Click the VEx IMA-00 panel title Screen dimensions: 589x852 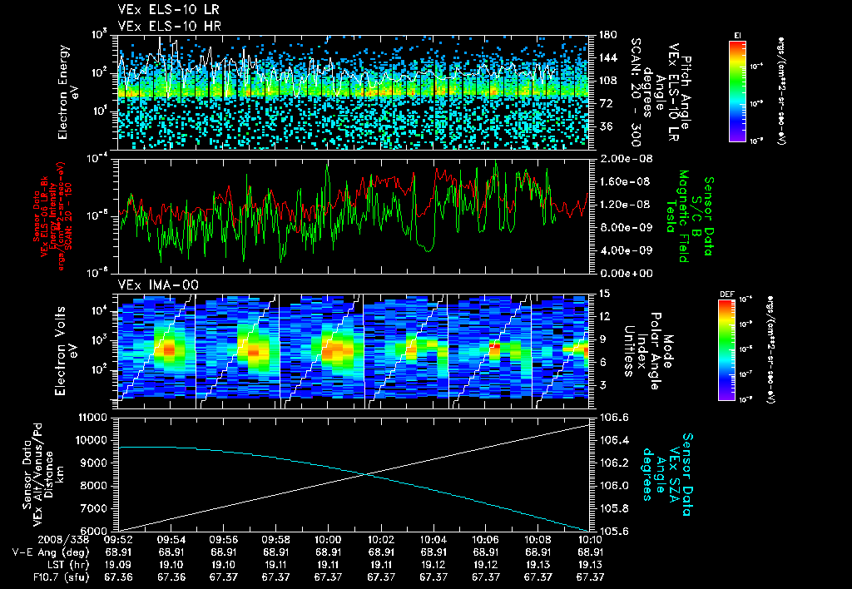(151, 285)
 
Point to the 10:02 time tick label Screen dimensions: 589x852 (381, 539)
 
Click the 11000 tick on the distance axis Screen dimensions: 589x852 (95, 416)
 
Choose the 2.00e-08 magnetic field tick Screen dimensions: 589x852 (620, 158)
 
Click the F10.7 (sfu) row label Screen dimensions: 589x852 (31, 577)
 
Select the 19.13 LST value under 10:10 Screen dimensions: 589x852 (590, 564)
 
